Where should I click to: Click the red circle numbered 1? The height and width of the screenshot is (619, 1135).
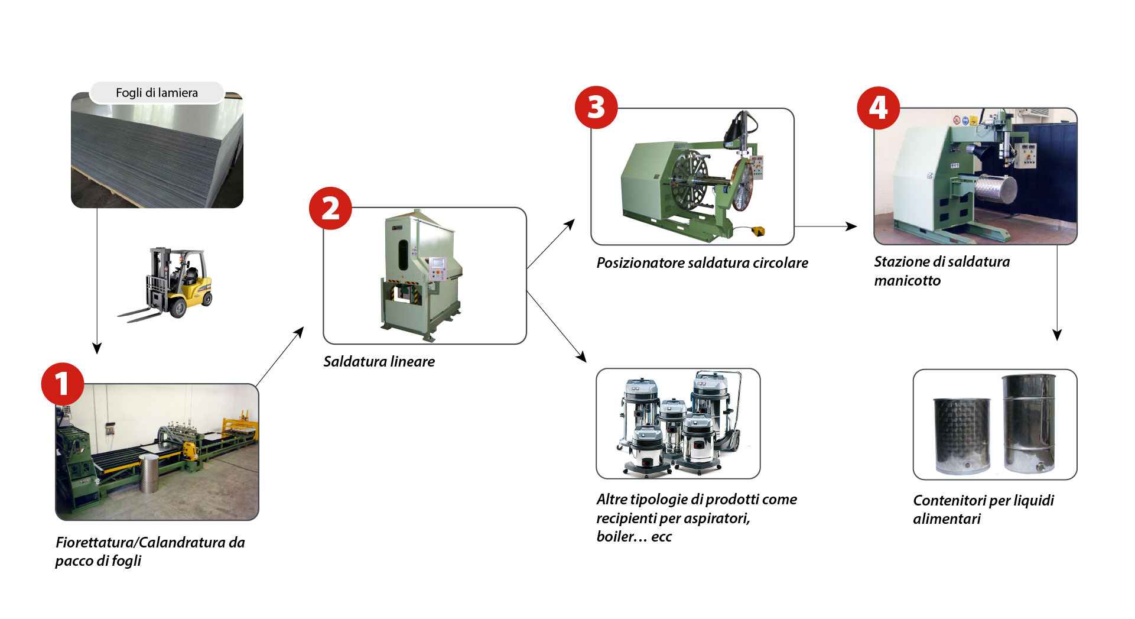click(x=62, y=384)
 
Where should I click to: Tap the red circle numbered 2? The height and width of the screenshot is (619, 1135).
click(x=330, y=208)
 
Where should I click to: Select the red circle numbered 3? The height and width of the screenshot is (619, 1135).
click(x=596, y=108)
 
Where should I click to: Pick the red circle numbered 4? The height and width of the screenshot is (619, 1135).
click(x=878, y=108)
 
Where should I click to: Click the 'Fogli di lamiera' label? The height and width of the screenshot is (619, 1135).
click(x=157, y=93)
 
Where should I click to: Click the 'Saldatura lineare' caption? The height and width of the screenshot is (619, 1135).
click(x=379, y=361)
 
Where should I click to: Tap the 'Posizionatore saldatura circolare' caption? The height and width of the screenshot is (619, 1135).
click(x=702, y=262)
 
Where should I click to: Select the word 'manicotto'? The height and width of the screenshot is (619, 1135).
click(x=907, y=280)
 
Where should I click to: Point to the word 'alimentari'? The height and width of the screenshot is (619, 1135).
click(x=947, y=518)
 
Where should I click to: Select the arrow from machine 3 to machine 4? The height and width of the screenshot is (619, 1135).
click(x=825, y=226)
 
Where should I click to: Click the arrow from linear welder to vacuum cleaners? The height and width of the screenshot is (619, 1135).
click(x=556, y=326)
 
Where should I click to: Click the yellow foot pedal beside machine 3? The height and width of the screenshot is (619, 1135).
click(x=757, y=231)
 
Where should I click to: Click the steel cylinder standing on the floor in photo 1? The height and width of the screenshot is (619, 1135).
click(x=149, y=474)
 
